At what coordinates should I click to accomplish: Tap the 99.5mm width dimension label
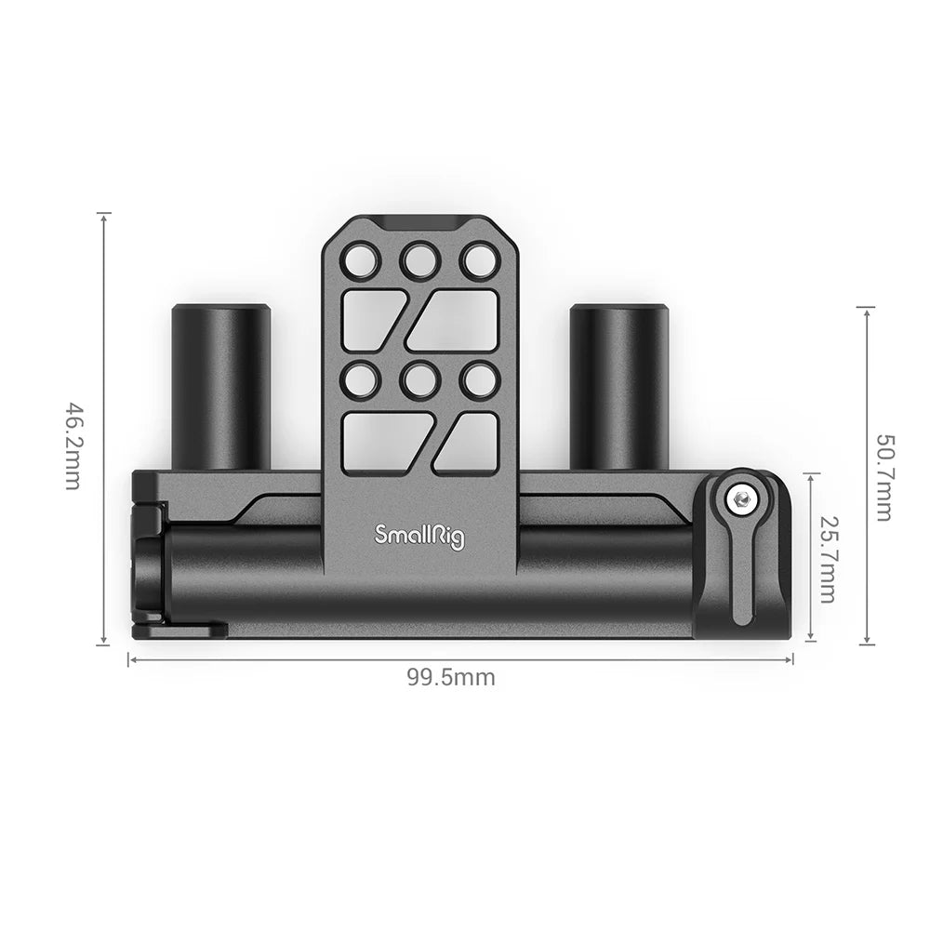click(450, 678)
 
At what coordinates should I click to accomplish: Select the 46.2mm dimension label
click(74, 446)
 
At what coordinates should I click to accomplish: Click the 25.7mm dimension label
click(827, 559)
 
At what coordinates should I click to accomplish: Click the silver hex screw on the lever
click(741, 500)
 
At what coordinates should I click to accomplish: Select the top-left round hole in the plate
click(360, 259)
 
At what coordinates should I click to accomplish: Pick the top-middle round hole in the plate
click(419, 259)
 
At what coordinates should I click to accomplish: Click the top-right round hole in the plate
click(479, 259)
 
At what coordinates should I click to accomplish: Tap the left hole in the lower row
click(360, 379)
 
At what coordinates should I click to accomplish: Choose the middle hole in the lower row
click(419, 379)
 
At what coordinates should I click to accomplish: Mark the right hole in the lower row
click(479, 379)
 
